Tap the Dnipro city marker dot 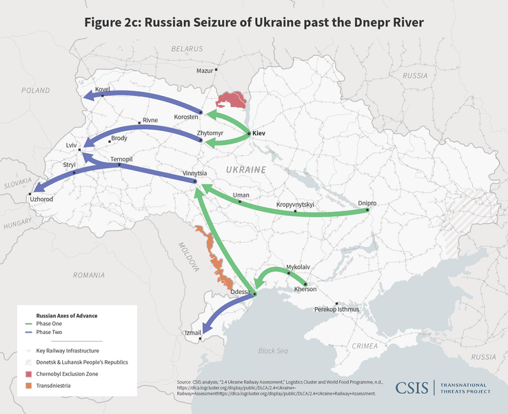pyautogui.click(x=367, y=210)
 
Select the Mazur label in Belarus pyautogui.click(x=205, y=70)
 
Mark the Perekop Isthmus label pyautogui.click(x=336, y=310)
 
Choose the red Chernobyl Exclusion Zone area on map pyautogui.click(x=232, y=101)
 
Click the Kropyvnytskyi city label pyautogui.click(x=295, y=205)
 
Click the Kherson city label pyautogui.click(x=305, y=289)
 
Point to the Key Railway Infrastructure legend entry pyautogui.click(x=64, y=351)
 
